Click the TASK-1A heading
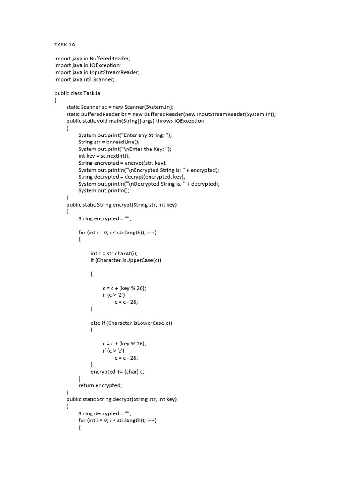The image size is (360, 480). (x=65, y=45)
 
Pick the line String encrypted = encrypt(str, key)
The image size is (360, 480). (x=122, y=163)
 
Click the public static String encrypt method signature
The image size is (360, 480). (x=121, y=204)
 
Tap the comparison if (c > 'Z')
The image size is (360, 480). (x=114, y=295)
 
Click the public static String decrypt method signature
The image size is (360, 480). (x=121, y=399)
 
